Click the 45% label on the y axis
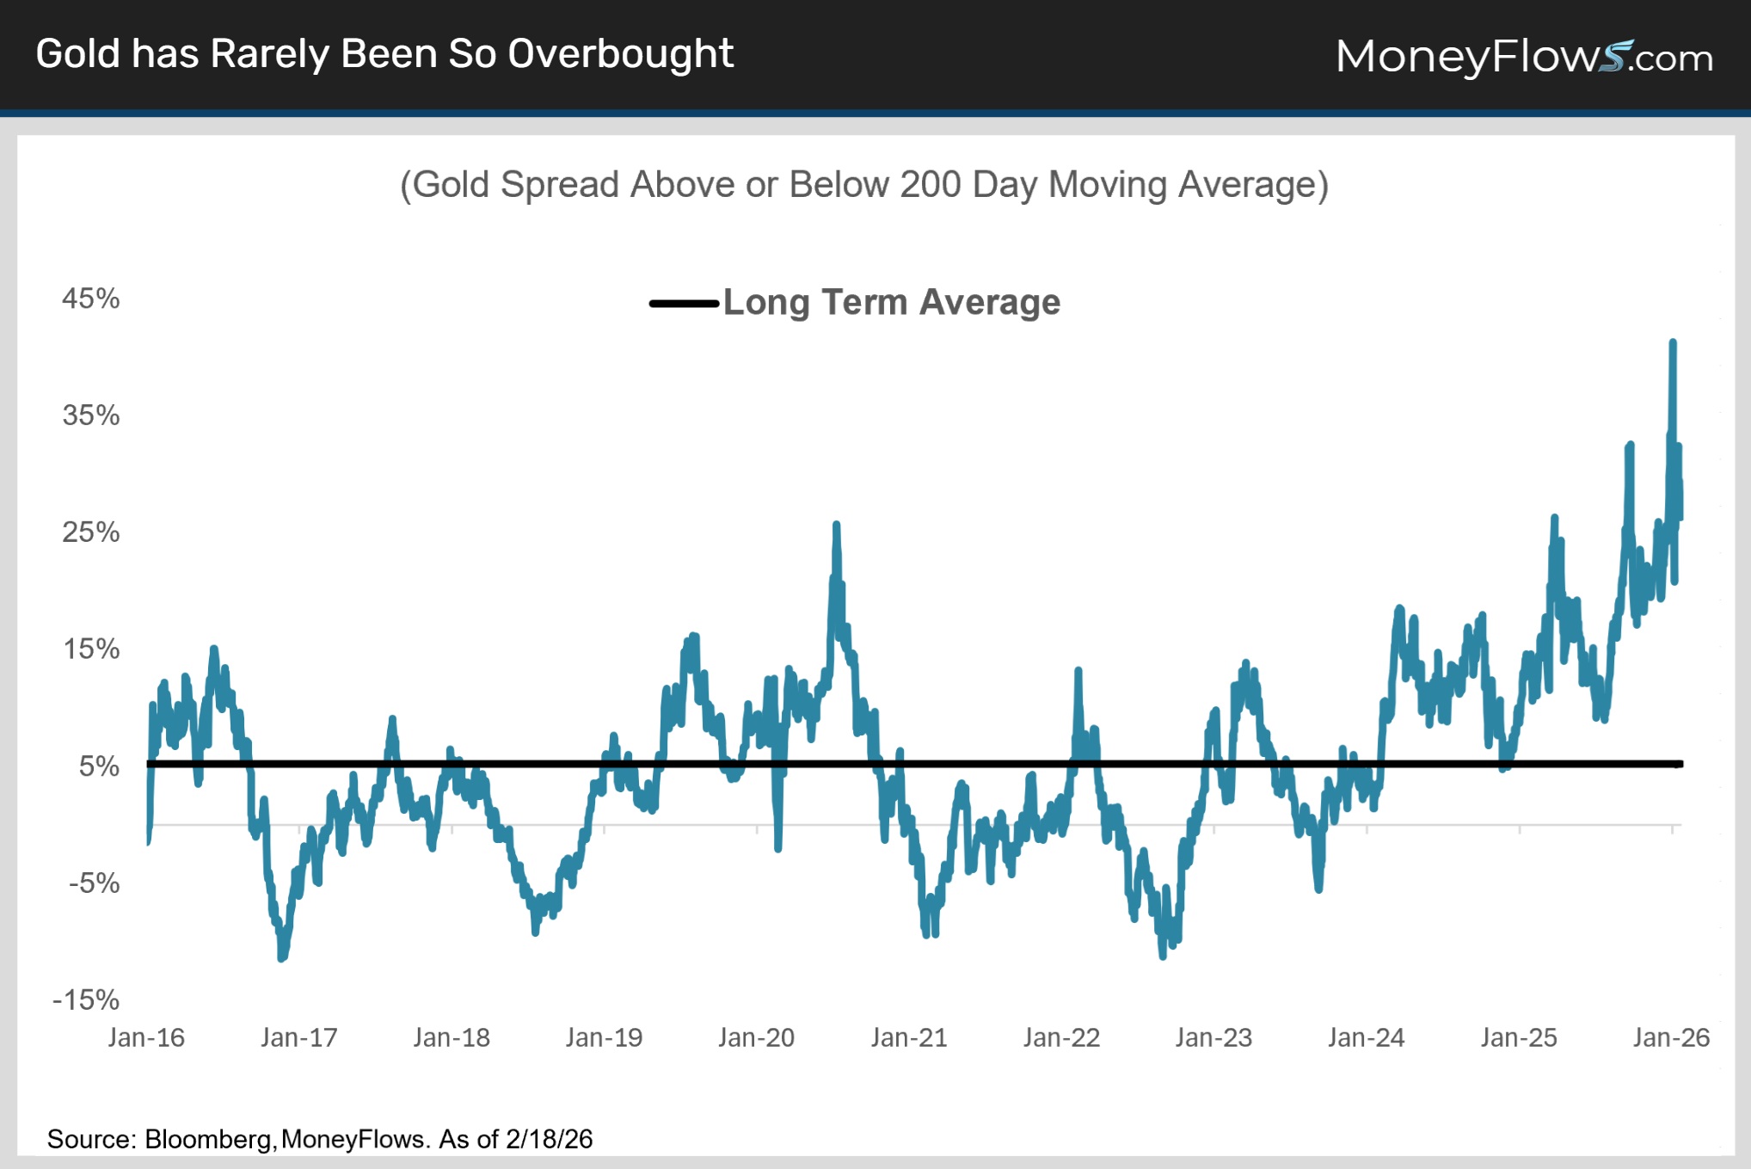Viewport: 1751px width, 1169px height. (90, 298)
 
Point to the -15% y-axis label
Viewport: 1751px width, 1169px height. (86, 1000)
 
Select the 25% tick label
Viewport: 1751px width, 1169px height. (90, 532)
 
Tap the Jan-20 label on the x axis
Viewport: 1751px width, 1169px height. (756, 1037)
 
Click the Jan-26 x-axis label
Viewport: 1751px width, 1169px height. (1671, 1037)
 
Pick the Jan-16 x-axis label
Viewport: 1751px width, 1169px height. (146, 1037)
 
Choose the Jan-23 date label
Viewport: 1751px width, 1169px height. (1213, 1037)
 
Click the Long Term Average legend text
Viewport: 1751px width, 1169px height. (891, 303)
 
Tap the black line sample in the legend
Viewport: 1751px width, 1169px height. (684, 304)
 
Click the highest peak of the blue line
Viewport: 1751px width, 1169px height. (1673, 342)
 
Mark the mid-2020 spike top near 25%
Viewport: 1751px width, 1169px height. (836, 524)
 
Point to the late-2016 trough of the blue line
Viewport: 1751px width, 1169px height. (282, 957)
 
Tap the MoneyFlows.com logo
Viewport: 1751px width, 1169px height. (1523, 57)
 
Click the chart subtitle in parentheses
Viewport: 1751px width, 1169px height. (863, 185)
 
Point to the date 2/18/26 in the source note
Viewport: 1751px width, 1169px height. (549, 1139)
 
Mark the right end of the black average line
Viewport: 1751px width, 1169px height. (1680, 764)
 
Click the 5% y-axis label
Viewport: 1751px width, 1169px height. (99, 766)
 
